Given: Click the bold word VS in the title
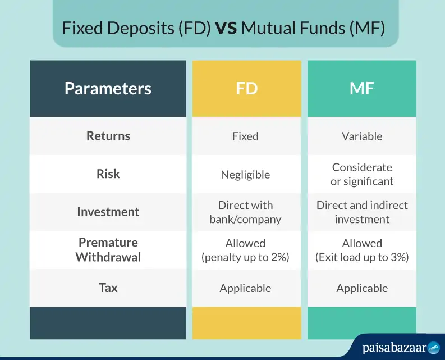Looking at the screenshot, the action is (226, 28).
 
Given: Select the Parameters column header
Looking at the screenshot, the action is (108, 88).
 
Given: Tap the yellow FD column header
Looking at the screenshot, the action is (246, 88).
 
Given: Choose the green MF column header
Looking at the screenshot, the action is (362, 88).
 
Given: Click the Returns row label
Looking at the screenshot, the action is (108, 136).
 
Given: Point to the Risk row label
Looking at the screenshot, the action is (108, 174).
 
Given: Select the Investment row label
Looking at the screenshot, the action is (108, 212).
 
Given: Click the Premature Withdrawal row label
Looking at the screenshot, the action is (108, 250).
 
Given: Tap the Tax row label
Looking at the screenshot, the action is (108, 288).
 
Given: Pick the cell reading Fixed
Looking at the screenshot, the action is (245, 136).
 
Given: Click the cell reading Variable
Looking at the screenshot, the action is (362, 136).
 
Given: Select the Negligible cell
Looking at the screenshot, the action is (245, 175).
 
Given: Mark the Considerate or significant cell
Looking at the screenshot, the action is (362, 174).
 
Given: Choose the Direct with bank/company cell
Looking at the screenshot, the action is (245, 212).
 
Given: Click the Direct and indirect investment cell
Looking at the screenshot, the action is (362, 212).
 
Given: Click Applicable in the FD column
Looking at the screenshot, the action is (245, 289).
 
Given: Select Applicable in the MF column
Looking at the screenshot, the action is (362, 289).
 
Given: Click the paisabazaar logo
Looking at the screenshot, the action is (401, 348).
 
